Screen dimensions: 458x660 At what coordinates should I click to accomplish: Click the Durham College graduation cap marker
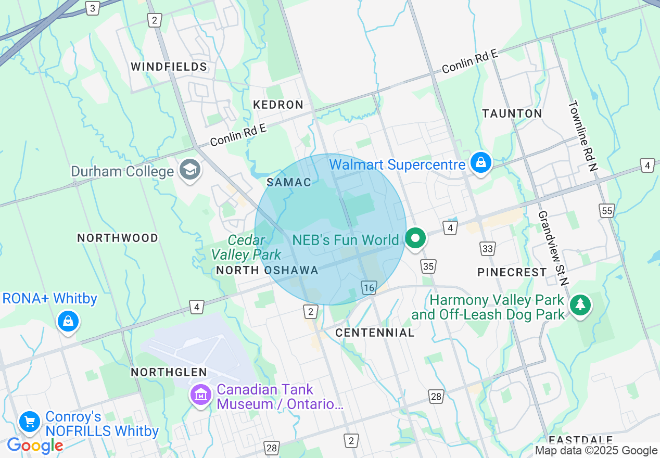pyautogui.click(x=189, y=170)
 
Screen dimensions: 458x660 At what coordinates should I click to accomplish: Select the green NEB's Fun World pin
pyautogui.click(x=415, y=239)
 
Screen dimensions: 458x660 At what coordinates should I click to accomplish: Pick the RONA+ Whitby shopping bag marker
pyautogui.click(x=68, y=321)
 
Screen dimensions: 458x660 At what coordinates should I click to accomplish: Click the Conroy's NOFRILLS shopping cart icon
pyautogui.click(x=30, y=422)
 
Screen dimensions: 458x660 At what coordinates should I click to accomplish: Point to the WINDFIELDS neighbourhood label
pyautogui.click(x=169, y=67)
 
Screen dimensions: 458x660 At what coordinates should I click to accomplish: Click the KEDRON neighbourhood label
pyautogui.click(x=278, y=105)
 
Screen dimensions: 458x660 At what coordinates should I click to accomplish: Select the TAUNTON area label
pyautogui.click(x=512, y=113)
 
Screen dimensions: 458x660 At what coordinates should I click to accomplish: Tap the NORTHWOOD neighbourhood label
pyautogui.click(x=118, y=238)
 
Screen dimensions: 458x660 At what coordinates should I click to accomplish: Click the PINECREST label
pyautogui.click(x=512, y=272)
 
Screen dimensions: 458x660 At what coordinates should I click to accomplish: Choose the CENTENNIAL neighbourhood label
pyautogui.click(x=375, y=333)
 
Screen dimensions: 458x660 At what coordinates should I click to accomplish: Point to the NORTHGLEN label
pyautogui.click(x=169, y=372)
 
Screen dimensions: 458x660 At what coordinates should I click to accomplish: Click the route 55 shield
pyautogui.click(x=606, y=211)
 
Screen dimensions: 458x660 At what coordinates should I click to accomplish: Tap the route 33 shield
pyautogui.click(x=487, y=249)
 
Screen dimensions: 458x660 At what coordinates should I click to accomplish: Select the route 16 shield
pyautogui.click(x=369, y=288)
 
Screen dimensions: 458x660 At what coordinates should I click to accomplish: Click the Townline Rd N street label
pyautogui.click(x=583, y=136)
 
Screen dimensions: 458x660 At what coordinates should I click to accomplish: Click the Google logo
pyautogui.click(x=35, y=446)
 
